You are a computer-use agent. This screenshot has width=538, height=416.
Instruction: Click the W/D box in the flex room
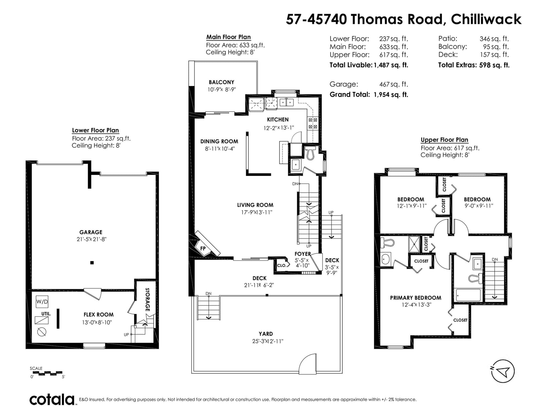point(42,302)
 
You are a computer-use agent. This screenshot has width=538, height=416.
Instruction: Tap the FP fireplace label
point(203,249)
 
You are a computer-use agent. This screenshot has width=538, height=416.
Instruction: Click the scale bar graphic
point(46,373)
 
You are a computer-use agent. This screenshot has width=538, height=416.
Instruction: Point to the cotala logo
point(52,400)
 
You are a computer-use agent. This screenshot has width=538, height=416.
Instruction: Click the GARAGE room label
point(91,232)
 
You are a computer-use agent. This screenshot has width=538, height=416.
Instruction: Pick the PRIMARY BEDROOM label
point(416,298)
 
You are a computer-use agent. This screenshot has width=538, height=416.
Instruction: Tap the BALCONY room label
point(221,82)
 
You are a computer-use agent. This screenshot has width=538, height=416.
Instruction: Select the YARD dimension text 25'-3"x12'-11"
point(268,341)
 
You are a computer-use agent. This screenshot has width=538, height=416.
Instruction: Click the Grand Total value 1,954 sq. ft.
point(391,94)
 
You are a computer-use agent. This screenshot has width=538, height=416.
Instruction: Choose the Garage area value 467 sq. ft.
point(394,84)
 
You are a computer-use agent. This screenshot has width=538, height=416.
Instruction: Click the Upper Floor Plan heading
point(445,140)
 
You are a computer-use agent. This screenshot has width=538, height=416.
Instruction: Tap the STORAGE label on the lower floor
point(148,299)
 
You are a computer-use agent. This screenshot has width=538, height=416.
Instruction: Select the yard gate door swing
point(307,363)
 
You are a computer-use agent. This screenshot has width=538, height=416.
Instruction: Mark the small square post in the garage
point(92,263)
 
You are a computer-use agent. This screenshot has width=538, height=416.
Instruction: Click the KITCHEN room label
point(278,120)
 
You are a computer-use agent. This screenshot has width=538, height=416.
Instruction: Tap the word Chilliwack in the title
point(486,19)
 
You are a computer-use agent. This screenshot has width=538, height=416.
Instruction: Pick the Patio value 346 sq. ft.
point(494,39)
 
